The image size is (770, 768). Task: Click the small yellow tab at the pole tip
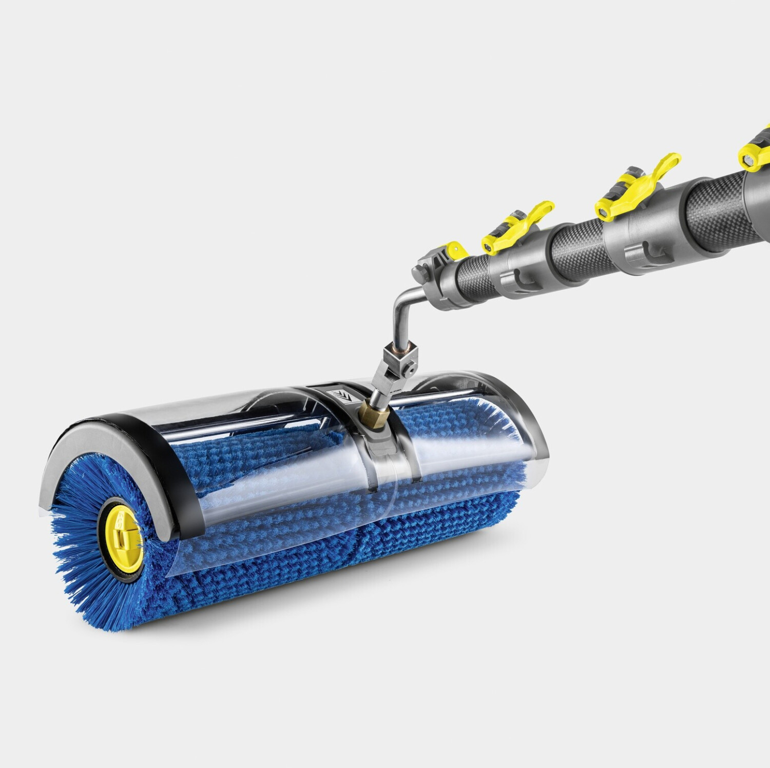[456, 250]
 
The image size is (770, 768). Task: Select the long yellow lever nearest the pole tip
[518, 226]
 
